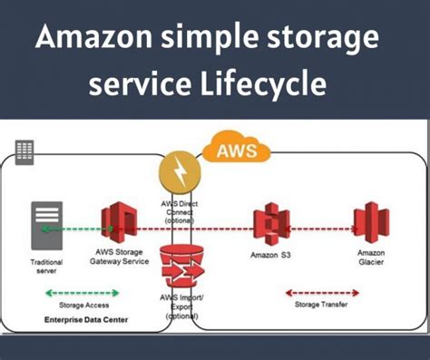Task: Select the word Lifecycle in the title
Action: point(263,86)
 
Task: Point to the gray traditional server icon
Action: point(47,221)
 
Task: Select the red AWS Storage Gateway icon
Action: point(119,223)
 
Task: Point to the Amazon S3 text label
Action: point(269,255)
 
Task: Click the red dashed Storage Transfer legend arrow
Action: point(315,292)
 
